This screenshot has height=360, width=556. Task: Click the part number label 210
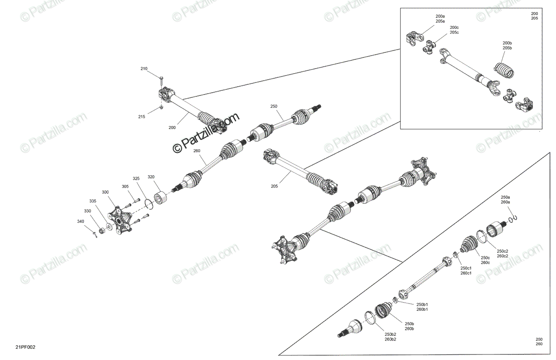pos(144,69)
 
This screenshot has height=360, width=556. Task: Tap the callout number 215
pos(142,117)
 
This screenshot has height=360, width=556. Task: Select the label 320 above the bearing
pos(151,177)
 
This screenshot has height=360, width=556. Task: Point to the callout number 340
pos(81,221)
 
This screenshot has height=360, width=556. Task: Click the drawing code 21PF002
pos(25,347)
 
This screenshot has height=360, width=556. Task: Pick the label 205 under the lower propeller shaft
pos(274,186)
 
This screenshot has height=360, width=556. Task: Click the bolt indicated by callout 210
pos(161,82)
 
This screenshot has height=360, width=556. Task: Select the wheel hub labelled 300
pos(120,220)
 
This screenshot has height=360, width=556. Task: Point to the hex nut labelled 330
pos(101,231)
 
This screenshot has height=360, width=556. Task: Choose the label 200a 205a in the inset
pos(440,19)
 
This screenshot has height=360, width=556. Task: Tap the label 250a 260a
pos(505,200)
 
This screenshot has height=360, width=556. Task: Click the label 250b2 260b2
pos(391,337)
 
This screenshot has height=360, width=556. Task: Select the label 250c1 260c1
pos(466,271)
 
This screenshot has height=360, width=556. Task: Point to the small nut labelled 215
pos(161,107)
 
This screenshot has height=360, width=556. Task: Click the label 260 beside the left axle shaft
pos(196,151)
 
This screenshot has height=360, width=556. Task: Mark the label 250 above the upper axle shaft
pos(274,106)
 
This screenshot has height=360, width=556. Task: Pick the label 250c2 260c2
pos(502,253)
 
